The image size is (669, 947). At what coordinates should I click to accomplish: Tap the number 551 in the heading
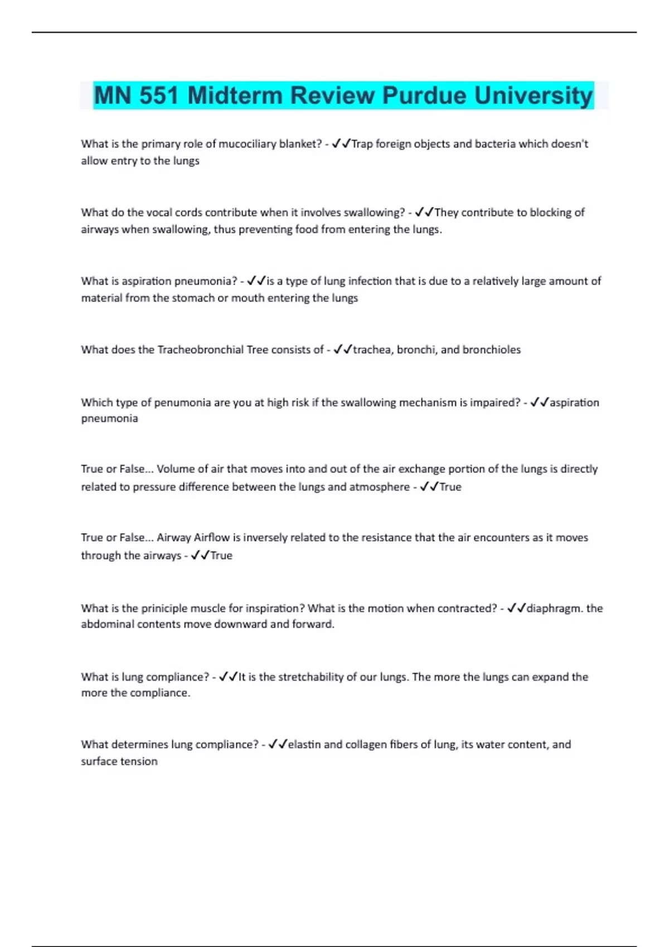[158, 95]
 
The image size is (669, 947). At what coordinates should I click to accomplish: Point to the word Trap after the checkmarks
[362, 144]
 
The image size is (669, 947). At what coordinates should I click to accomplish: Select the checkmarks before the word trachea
[342, 350]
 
